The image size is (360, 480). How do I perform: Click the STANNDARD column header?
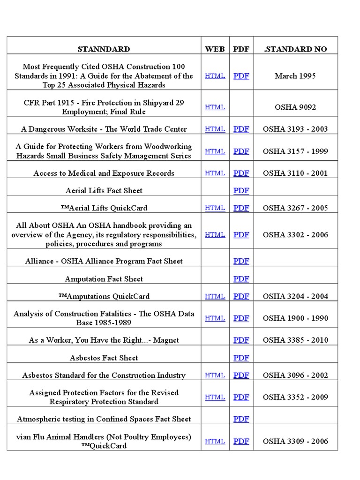click(104, 49)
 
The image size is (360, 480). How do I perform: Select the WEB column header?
click(215, 49)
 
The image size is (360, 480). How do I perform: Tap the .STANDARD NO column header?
click(295, 49)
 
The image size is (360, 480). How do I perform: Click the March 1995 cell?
click(295, 76)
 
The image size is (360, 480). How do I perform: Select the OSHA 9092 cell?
click(295, 107)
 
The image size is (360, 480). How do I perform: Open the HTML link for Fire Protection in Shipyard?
click(215, 107)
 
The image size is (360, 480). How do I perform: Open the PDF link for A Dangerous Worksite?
click(241, 129)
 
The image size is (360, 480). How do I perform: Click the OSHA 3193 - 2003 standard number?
click(295, 129)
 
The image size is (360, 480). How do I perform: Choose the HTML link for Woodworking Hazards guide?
click(215, 151)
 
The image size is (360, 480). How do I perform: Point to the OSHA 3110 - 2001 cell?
click(295, 173)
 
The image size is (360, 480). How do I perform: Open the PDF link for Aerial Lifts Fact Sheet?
click(241, 190)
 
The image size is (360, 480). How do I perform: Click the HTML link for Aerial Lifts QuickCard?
click(215, 208)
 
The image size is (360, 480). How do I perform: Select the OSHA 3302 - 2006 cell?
click(295, 234)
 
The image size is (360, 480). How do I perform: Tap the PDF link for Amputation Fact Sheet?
click(241, 279)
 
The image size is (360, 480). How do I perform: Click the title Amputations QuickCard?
click(104, 296)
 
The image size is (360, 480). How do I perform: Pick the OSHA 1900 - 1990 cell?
click(295, 318)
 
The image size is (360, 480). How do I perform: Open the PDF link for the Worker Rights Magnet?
click(241, 340)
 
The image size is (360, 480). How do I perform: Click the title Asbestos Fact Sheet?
click(104, 358)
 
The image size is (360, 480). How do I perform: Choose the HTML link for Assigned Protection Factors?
click(215, 397)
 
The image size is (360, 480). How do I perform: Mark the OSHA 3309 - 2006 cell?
click(295, 441)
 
